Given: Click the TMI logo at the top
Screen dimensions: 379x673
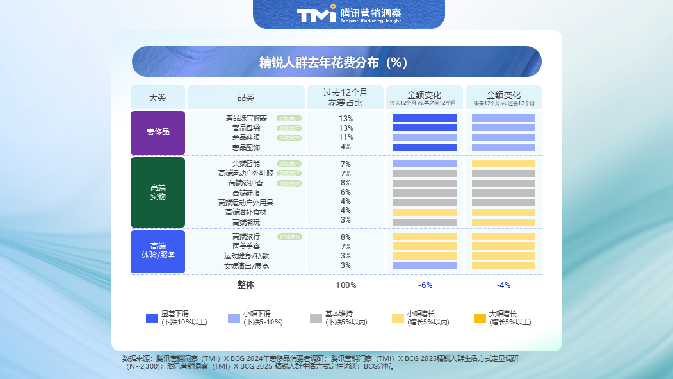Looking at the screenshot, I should (x=316, y=14).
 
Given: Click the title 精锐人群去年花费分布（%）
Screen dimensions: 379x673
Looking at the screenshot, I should (x=336, y=62).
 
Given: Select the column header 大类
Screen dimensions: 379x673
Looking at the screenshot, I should (x=158, y=97).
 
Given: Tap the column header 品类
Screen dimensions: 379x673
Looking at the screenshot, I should (x=246, y=97).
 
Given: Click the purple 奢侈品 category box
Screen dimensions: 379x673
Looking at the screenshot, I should (x=158, y=132).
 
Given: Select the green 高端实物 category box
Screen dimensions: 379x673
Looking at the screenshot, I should (x=158, y=192).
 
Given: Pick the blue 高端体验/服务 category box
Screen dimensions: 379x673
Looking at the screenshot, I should (x=158, y=251).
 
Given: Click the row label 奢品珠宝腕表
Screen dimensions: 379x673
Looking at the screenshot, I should (x=247, y=118).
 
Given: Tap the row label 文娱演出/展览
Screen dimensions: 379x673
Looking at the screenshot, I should (x=247, y=265).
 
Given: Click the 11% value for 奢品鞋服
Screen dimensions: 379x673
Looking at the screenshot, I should (x=346, y=137).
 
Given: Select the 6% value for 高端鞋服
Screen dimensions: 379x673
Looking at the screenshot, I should (x=346, y=192).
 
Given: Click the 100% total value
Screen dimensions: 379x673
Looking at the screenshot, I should (x=346, y=285).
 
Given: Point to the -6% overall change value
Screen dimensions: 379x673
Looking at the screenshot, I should (x=425, y=285).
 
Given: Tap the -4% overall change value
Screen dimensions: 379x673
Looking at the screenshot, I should (x=503, y=285).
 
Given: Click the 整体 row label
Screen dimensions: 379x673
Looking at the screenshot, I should (x=246, y=285).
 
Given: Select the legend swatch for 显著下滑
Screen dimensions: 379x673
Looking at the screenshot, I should (x=152, y=318).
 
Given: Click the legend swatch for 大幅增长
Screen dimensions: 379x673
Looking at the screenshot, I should (x=480, y=318).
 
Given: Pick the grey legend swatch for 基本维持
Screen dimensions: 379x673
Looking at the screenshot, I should (x=316, y=318).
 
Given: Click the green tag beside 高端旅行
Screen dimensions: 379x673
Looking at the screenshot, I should (x=289, y=237).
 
